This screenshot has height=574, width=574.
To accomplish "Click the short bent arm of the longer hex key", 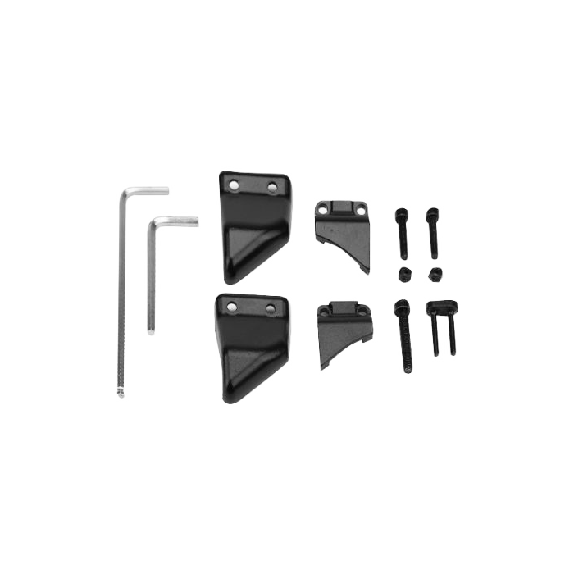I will coord(148,190).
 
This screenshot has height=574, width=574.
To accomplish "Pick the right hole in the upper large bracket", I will coord(273,188).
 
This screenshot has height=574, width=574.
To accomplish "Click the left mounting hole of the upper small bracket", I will coord(323,207).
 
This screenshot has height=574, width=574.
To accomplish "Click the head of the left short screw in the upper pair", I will coord(399,215).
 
